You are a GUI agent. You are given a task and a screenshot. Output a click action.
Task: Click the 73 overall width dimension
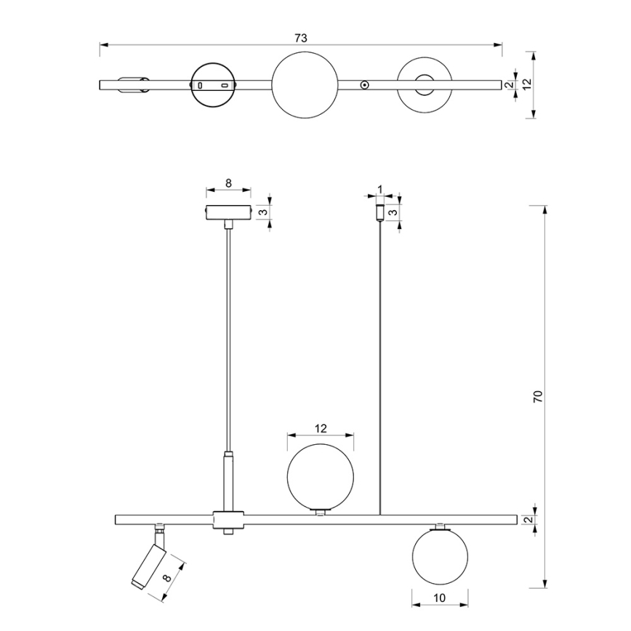click(301, 39)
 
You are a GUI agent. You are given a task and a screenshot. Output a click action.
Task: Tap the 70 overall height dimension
click(538, 396)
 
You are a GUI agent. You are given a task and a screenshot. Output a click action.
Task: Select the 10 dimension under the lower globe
click(440, 598)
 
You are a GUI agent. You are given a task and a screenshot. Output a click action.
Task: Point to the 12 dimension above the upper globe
click(321, 429)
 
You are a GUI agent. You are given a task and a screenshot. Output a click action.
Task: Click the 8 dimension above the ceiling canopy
click(228, 183)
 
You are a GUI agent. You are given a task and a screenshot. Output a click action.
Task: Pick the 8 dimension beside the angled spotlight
click(167, 577)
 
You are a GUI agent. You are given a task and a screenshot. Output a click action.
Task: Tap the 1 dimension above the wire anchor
click(379, 189)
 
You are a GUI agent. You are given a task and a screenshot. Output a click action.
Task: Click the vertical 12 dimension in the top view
click(527, 84)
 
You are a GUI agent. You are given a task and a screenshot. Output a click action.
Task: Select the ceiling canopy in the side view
click(228, 212)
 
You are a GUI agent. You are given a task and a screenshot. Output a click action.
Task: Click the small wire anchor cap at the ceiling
click(379, 212)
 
